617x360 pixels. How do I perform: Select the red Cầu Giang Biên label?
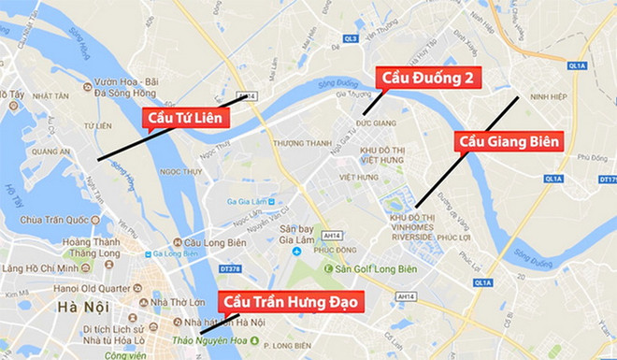pyautogui.click(x=509, y=141)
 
